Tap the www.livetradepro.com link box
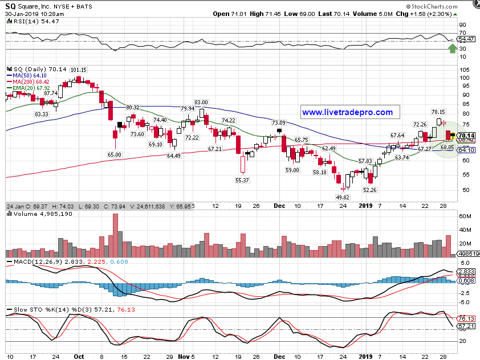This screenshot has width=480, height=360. pyautogui.click(x=347, y=113)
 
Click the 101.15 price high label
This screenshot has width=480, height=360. pyautogui.click(x=79, y=69)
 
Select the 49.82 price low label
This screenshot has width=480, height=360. pyautogui.click(x=342, y=197)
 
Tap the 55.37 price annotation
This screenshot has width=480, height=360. pyautogui.click(x=242, y=180)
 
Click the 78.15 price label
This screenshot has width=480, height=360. pyautogui.click(x=438, y=112)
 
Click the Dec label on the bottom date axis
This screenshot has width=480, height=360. pyautogui.click(x=279, y=356)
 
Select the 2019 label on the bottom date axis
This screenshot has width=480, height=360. pyautogui.click(x=365, y=356)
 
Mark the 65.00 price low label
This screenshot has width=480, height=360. pyautogui.click(x=115, y=154)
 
